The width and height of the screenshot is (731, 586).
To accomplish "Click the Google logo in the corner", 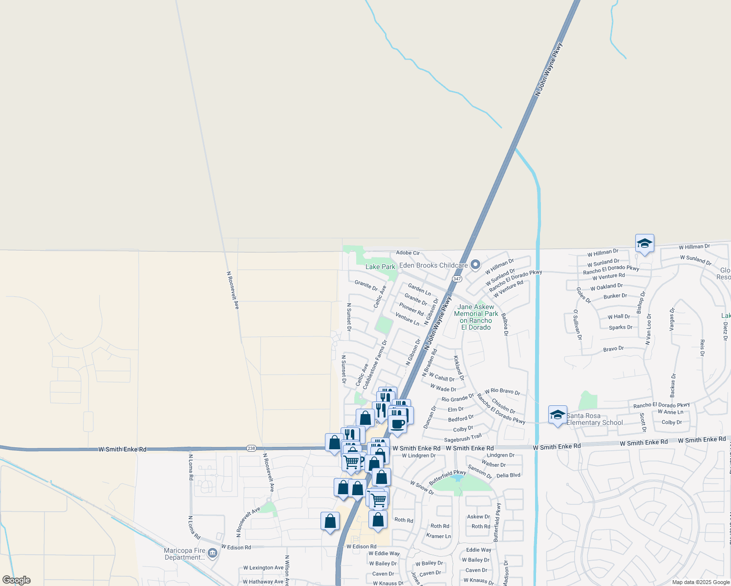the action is [x=16, y=580].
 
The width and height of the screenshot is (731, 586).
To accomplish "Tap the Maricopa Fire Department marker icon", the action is [x=212, y=553].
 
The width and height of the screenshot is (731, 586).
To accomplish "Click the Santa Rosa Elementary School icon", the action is [x=558, y=415].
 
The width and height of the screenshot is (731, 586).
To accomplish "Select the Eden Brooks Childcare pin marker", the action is [x=475, y=265].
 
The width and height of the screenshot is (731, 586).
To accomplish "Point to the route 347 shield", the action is [x=457, y=279].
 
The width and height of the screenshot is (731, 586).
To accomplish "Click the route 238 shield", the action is [x=251, y=448].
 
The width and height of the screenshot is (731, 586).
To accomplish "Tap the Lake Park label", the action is [x=380, y=267].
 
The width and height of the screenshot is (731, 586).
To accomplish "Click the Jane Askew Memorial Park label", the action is [x=476, y=317].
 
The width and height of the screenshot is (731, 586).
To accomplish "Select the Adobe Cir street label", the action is [x=408, y=253].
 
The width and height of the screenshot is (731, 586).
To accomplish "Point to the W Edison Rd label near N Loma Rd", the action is [x=236, y=547].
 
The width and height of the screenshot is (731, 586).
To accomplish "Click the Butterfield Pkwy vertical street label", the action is [x=497, y=522].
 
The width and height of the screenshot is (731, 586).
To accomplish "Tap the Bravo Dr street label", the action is [x=613, y=349].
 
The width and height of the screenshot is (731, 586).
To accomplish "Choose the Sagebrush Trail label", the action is [x=463, y=438].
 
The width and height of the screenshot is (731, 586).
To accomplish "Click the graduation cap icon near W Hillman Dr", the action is [x=645, y=244].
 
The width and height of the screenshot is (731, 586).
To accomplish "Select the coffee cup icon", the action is [x=398, y=423].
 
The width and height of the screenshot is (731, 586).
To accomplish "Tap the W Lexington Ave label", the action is [x=263, y=568].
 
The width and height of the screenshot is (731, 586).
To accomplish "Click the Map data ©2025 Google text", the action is [x=701, y=582].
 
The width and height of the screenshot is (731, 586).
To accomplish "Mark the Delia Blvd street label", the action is [x=508, y=475].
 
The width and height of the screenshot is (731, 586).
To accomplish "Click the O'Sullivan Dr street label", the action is [x=578, y=324].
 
